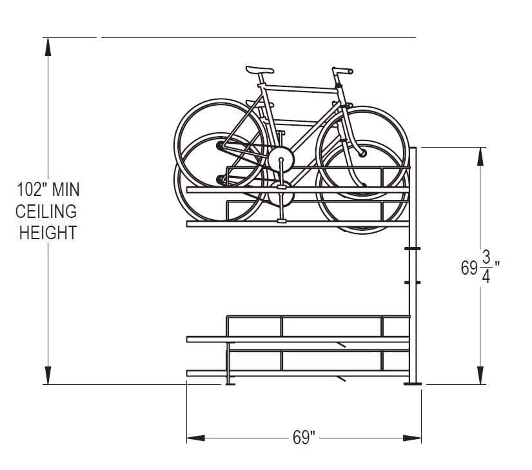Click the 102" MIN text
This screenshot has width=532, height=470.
click(x=48, y=190)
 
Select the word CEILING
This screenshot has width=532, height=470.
click(x=47, y=211)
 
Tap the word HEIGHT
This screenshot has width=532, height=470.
click(x=48, y=232)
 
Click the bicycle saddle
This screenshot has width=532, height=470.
click(x=260, y=69)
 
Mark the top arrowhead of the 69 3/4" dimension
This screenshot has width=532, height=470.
click(x=481, y=157)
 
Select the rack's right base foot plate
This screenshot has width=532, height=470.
click(x=413, y=384)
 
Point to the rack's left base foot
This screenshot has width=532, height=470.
click(x=229, y=384)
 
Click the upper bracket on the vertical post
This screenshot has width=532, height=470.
click(x=413, y=248)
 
